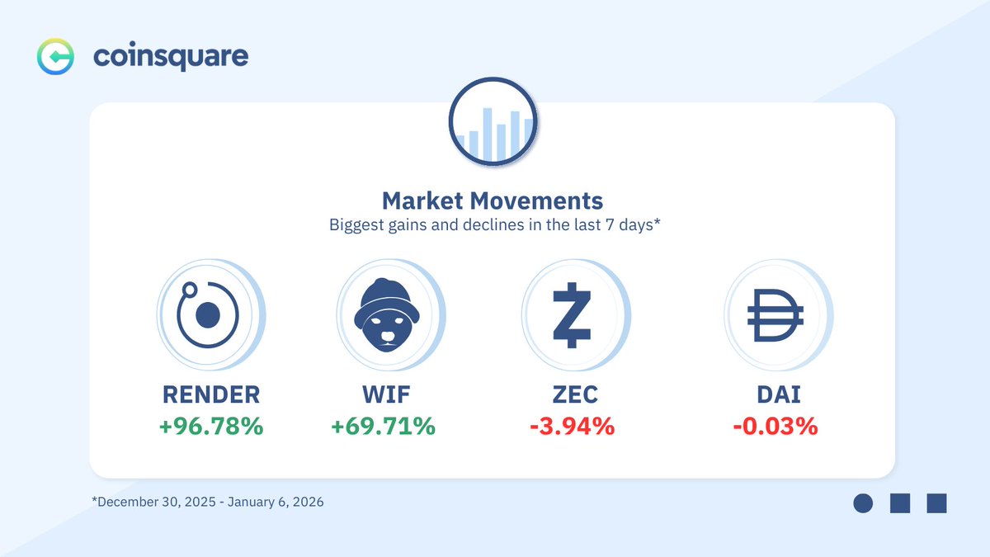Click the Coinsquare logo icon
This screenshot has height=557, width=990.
[56, 56]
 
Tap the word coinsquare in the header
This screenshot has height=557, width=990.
[171, 56]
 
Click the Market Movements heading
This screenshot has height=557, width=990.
[493, 201]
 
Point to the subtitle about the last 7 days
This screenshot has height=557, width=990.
[493, 224]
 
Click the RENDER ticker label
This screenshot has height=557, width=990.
[211, 395]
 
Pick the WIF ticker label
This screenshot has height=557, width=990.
[383, 395]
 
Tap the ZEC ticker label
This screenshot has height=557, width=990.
[572, 395]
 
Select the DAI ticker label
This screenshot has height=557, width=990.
[775, 395]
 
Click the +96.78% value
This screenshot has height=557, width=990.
[211, 427]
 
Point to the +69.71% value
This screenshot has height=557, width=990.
[383, 427]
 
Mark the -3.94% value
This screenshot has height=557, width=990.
[572, 427]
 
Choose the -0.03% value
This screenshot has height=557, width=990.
[775, 427]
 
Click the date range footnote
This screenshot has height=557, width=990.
[207, 502]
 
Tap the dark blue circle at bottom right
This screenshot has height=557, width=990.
[863, 503]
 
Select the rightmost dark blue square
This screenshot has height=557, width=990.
[936, 503]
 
